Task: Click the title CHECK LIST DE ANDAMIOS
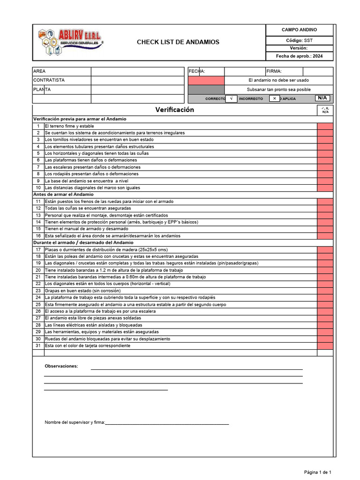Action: [178, 42]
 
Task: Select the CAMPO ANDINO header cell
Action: [299, 30]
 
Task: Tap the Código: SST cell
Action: [299, 40]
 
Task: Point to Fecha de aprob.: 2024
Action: [299, 56]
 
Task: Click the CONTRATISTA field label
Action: [49, 80]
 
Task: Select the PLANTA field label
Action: [42, 90]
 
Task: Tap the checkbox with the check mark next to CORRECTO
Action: [231, 98]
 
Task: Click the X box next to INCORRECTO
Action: [275, 98]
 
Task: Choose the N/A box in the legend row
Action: [322, 98]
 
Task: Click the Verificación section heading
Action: [174, 110]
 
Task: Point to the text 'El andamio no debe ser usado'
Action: [278, 80]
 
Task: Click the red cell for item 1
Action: [325, 126]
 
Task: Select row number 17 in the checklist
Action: [38, 250]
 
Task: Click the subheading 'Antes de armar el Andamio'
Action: [63, 194]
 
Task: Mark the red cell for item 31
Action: [325, 345]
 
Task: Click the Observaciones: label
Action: [61, 366]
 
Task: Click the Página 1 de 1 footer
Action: [318, 472]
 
